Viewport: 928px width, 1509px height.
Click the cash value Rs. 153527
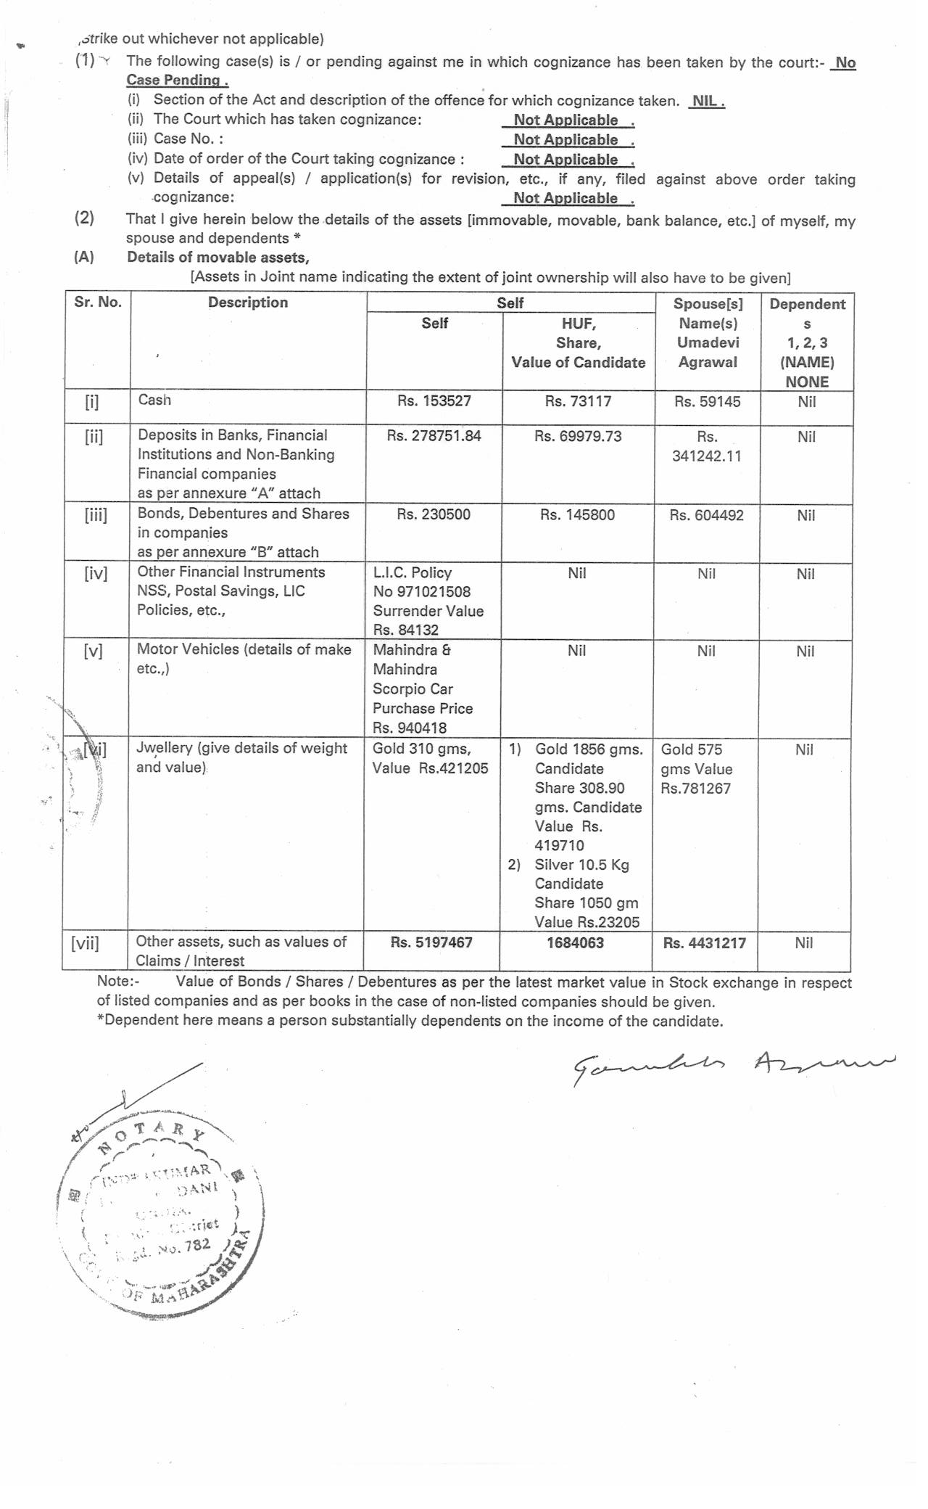click(x=434, y=401)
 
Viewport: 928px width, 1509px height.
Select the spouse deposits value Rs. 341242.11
click(x=706, y=447)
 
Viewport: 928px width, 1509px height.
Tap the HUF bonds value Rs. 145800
click(x=577, y=515)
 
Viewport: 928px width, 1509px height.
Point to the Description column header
click(x=248, y=303)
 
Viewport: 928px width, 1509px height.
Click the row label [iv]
click(x=96, y=574)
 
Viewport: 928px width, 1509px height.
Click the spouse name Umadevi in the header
click(x=708, y=342)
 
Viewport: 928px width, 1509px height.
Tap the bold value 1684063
click(x=575, y=943)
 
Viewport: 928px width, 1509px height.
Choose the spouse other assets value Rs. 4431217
click(x=704, y=943)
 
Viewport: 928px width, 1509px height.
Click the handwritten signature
click(x=732, y=1066)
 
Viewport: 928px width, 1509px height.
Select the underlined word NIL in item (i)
click(x=707, y=101)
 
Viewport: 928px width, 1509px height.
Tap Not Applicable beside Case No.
click(x=566, y=140)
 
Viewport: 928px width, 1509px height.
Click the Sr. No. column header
click(x=98, y=303)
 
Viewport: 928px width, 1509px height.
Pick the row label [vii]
click(x=86, y=943)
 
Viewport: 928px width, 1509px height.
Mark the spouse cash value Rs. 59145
click(x=707, y=401)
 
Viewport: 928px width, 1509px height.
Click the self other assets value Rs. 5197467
click(x=431, y=942)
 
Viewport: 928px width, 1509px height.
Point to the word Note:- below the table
click(x=118, y=982)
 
